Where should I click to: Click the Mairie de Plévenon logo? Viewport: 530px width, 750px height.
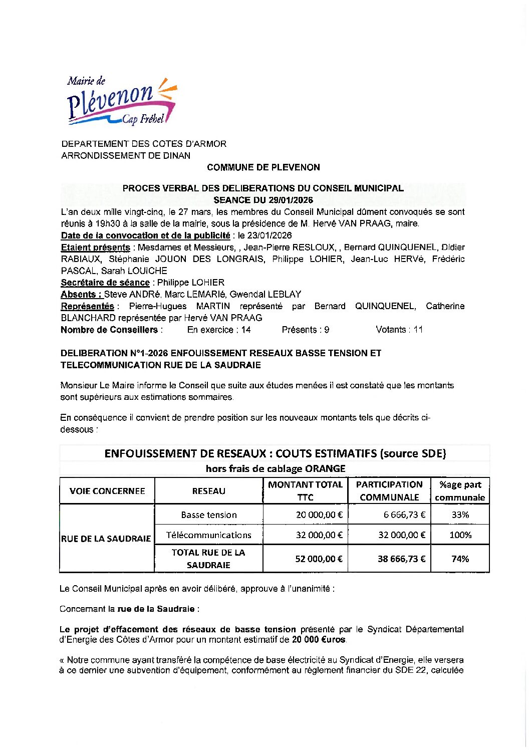(x=122, y=101)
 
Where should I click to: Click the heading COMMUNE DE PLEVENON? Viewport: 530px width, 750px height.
(x=263, y=167)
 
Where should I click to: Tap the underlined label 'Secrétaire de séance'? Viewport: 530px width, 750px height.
(x=105, y=283)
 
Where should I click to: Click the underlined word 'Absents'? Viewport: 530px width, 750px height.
(x=81, y=295)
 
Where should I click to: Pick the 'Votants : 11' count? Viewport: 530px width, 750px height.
(x=399, y=330)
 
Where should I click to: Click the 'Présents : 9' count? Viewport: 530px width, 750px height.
(x=306, y=330)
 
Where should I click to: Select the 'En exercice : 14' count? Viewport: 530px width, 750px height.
(x=219, y=330)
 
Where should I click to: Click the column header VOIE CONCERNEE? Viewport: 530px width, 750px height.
(x=107, y=491)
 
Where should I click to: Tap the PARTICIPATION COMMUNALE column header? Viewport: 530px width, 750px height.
(x=389, y=491)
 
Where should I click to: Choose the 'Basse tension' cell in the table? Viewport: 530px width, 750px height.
(x=209, y=515)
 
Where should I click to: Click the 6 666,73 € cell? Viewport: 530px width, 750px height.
(x=405, y=515)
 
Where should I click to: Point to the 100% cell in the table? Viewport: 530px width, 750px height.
(x=460, y=535)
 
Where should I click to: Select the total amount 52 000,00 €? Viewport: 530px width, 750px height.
(x=319, y=559)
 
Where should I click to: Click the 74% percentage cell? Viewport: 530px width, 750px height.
(x=460, y=559)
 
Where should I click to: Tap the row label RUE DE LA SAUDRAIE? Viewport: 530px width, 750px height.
(x=106, y=539)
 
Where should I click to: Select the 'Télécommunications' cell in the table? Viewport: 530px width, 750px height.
(x=209, y=535)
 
